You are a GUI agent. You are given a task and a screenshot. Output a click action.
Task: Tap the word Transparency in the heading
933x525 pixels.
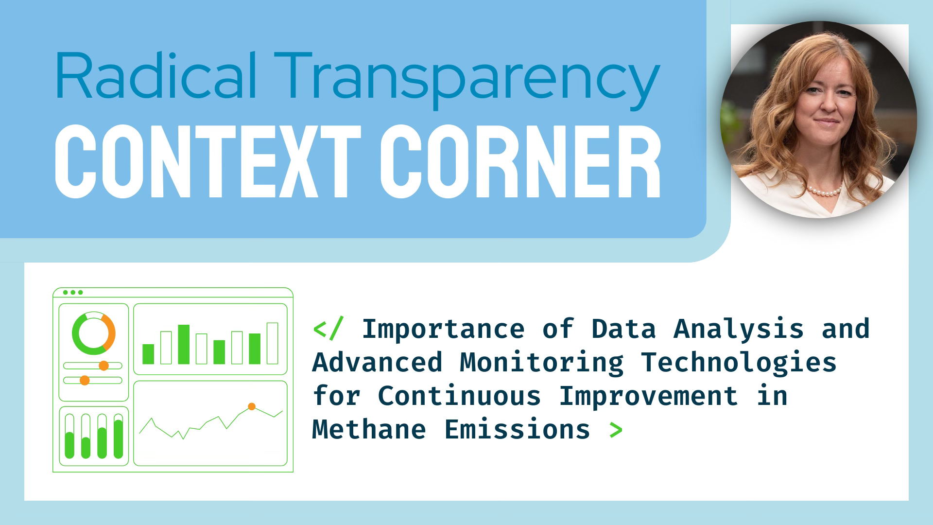pyautogui.click(x=467, y=80)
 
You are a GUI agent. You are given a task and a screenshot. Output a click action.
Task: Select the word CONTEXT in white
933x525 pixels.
pyautogui.click(x=208, y=162)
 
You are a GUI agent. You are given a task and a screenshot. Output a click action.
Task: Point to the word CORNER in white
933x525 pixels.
pyautogui.click(x=520, y=162)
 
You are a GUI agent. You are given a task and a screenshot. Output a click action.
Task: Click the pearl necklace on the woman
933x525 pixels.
pyautogui.click(x=824, y=190)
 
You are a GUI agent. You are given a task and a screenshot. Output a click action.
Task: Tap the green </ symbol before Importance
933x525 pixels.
pyautogui.click(x=328, y=329)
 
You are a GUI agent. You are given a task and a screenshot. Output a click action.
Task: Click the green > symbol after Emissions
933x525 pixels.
pyautogui.click(x=616, y=430)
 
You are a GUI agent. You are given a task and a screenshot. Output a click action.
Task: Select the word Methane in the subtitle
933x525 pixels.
pyautogui.click(x=369, y=430)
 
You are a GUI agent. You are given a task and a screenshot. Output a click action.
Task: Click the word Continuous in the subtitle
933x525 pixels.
pyautogui.click(x=459, y=396)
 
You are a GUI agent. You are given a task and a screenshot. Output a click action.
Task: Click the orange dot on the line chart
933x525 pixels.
pyautogui.click(x=252, y=406)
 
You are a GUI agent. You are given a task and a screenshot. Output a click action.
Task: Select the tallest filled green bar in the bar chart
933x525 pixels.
pyautogui.click(x=184, y=344)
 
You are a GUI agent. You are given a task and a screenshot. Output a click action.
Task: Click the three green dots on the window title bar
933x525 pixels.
pyautogui.click(x=73, y=292)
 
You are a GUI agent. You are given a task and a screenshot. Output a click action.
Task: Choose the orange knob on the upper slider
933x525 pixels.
pyautogui.click(x=104, y=366)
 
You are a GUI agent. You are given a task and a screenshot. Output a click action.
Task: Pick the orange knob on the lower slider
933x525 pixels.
pyautogui.click(x=85, y=380)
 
